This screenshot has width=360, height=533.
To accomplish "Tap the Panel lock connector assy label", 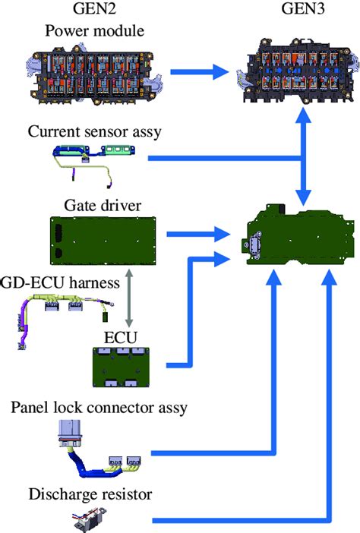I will pos(99,408).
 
